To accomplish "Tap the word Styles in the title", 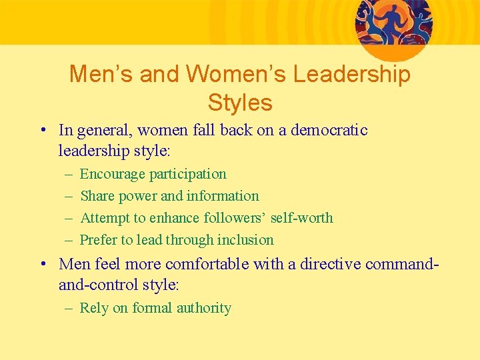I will click(240, 103).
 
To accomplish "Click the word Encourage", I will click(112, 174).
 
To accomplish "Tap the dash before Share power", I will click(69, 196).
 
